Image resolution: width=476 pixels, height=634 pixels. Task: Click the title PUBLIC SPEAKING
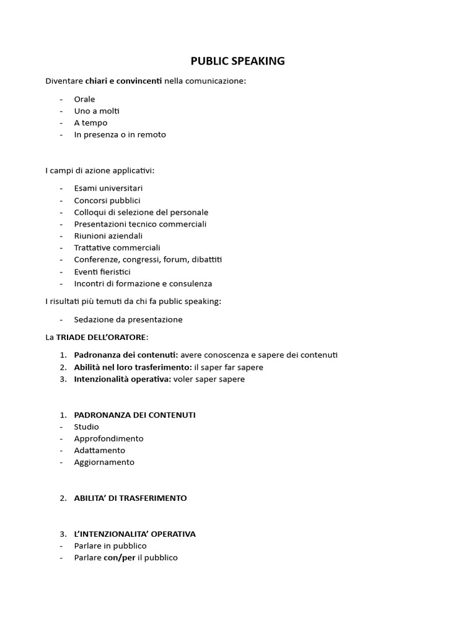coord(237,61)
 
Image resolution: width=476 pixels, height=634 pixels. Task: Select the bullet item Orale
coord(84,99)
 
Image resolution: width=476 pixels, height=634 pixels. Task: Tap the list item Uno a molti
coord(97,111)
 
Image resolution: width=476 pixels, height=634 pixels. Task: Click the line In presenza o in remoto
coord(120,134)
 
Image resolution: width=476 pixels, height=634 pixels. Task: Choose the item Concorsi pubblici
coord(107,201)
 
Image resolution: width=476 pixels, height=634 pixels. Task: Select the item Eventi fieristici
coord(102,272)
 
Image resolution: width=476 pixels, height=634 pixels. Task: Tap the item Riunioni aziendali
coord(108,236)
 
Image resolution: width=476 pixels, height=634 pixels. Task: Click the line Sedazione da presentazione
coord(128,319)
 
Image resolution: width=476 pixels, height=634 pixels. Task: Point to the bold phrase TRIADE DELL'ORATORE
coord(101,337)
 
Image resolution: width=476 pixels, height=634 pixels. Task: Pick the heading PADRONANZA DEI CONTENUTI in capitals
coord(134,415)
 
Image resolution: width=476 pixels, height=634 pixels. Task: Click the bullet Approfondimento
coord(108,438)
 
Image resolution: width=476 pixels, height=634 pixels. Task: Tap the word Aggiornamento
coord(104,462)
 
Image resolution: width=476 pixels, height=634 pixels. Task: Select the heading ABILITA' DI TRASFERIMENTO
coord(130,498)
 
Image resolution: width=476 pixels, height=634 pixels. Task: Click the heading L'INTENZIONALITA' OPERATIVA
coord(134,534)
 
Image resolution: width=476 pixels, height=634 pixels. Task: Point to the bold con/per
coord(119,557)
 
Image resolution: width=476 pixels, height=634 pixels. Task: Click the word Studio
coord(86,427)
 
